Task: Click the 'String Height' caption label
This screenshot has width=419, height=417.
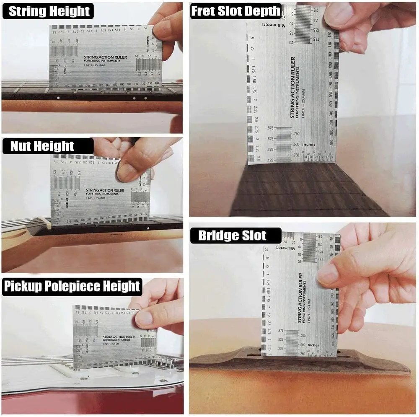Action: point(49,11)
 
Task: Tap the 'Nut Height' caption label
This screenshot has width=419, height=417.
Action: point(42,146)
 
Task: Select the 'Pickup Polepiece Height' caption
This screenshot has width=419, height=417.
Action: point(72,287)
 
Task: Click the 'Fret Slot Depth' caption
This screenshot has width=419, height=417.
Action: point(235,11)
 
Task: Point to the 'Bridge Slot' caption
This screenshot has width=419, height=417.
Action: point(232,236)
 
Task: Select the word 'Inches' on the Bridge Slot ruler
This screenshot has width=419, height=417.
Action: point(313,345)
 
